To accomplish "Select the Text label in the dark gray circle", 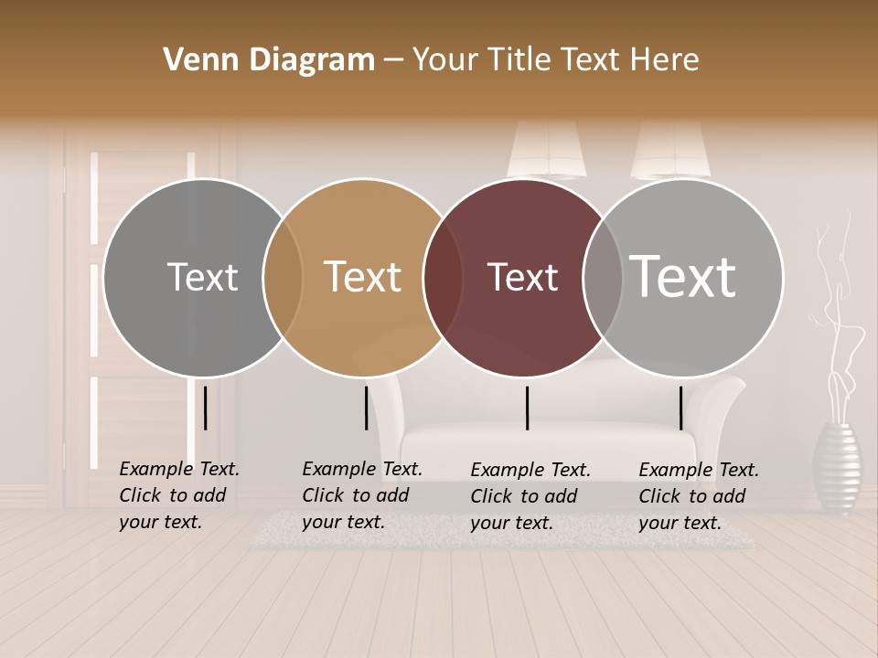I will pos(202,277).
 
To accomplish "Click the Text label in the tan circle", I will pos(362,277).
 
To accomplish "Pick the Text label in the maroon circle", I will pos(522,277).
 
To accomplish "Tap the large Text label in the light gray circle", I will pos(683,276).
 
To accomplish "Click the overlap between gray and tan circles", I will pos(283,278).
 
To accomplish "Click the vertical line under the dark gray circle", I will pos(206,408).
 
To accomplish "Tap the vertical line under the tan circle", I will pos(366,408).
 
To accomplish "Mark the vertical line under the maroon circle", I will pos(527,408).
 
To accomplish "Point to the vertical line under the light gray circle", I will pos(680,408).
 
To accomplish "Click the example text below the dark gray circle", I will pos(178,495).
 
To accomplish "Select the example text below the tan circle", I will pos(361,495).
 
